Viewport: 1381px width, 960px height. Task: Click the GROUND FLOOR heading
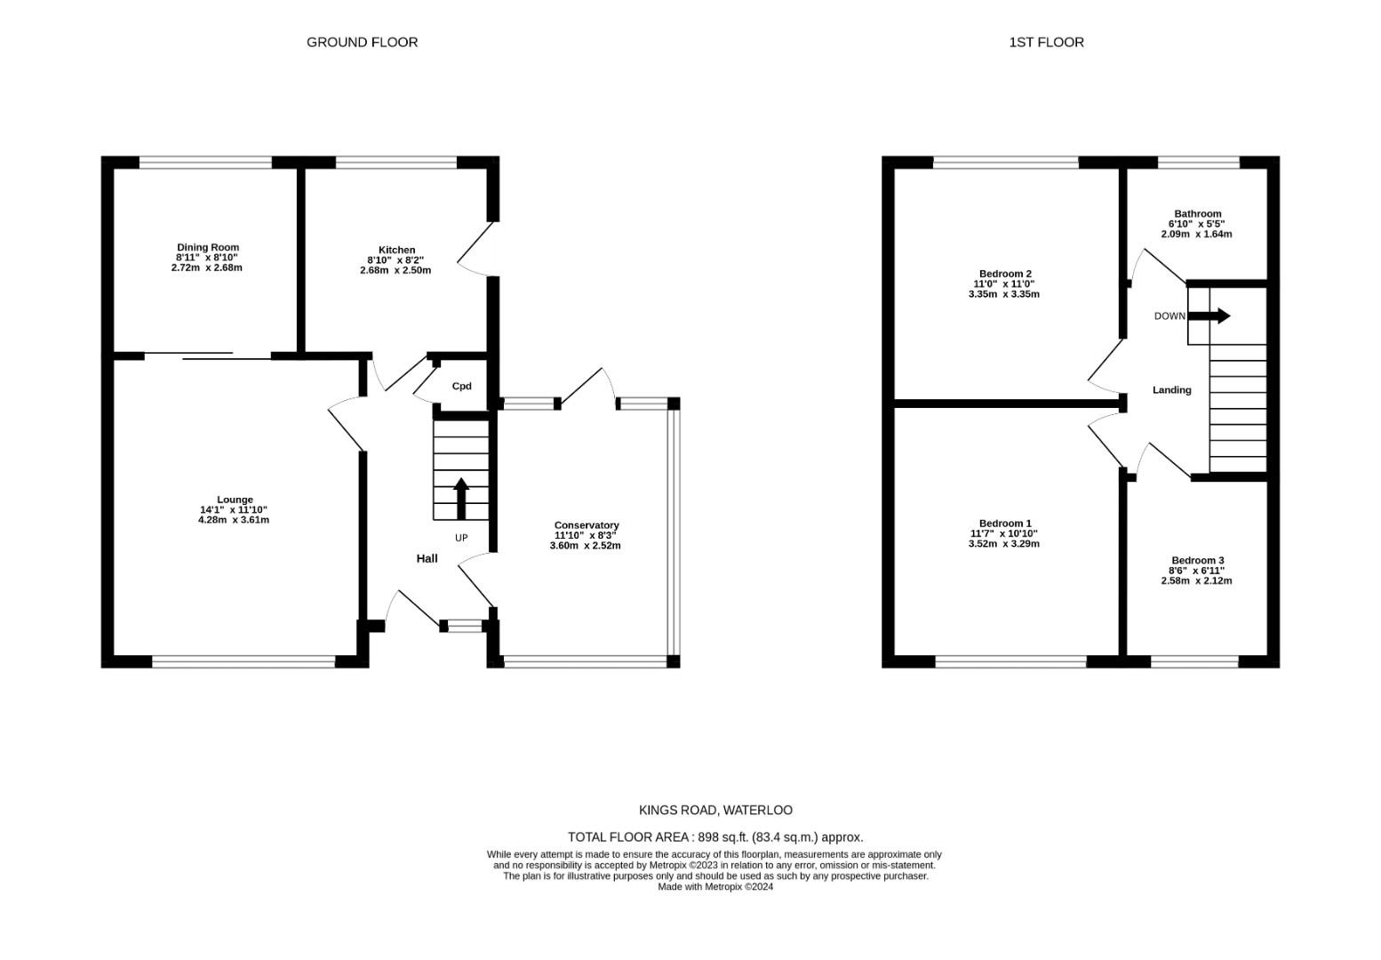coord(362,42)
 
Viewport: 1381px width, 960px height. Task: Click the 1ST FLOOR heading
coord(1046,42)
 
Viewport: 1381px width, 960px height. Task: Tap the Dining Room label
coord(207,247)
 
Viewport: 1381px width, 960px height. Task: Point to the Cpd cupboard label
coord(461,387)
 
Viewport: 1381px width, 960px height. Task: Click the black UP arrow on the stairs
coord(461,498)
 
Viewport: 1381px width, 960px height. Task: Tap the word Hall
coord(427,558)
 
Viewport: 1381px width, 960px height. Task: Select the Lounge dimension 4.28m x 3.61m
coord(234,520)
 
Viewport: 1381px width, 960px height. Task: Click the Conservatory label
coord(586,525)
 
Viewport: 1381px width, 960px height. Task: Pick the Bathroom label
coord(1197,213)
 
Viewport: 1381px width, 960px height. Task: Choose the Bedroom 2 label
coord(1004,274)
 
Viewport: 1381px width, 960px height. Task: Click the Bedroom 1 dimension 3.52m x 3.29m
coord(1004,544)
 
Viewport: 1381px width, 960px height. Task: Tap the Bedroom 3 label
coord(1197,560)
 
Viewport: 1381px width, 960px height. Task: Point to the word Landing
coord(1171,389)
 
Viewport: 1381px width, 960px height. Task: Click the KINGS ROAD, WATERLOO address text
coord(715,810)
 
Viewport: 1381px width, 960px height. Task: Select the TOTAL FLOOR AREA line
coord(715,836)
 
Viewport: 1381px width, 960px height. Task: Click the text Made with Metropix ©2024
coord(715,886)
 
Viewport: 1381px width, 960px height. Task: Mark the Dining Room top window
coord(205,162)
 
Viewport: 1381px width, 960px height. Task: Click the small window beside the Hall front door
coord(463,627)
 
